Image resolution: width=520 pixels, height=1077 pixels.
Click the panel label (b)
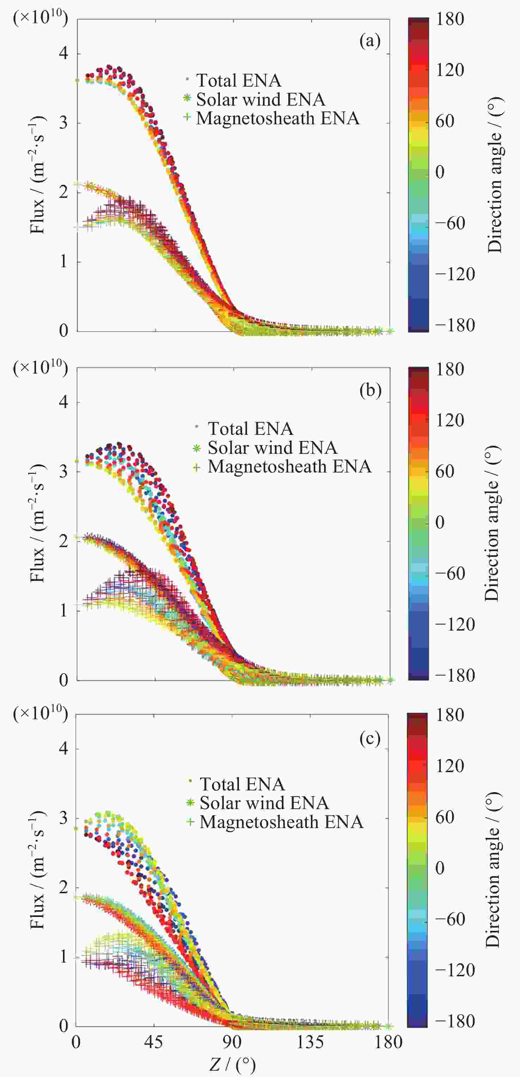(370, 390)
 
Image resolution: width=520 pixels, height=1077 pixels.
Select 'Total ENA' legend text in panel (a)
(239, 80)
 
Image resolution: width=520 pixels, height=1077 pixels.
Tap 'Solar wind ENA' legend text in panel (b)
(272, 448)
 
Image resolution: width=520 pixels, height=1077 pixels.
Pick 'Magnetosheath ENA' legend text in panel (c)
(281, 822)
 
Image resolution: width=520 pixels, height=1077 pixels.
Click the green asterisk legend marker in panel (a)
(187, 99)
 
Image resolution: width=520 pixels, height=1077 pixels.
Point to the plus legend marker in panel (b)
(196, 467)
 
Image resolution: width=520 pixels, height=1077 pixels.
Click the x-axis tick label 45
(154, 1042)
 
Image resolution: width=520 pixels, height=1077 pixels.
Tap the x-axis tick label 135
(310, 1042)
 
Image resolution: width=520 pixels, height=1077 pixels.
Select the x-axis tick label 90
(232, 1042)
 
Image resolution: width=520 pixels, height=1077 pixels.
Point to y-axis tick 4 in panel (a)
(63, 54)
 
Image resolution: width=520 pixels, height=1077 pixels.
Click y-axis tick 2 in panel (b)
(63, 541)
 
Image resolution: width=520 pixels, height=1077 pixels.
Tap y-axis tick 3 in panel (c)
(63, 818)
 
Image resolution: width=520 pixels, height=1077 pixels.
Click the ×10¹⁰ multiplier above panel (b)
(41, 368)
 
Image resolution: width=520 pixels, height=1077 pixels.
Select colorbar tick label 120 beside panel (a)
(450, 70)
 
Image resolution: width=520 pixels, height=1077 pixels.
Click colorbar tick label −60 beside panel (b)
(450, 573)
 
